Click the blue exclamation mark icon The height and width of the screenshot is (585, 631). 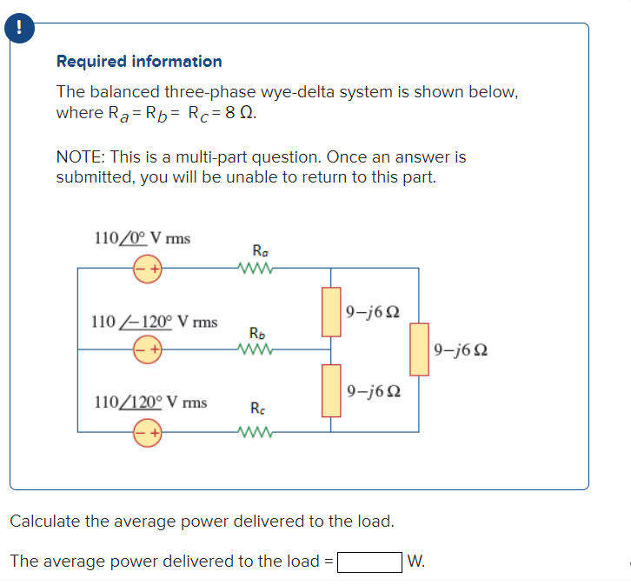coord(15,28)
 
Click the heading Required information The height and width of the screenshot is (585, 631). coord(139,62)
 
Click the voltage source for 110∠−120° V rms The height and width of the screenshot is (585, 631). coord(147,350)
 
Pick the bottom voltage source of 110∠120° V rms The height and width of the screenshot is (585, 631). coord(147,431)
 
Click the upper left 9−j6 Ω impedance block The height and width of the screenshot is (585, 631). coord(331,311)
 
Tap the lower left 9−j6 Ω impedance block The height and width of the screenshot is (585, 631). coord(331,390)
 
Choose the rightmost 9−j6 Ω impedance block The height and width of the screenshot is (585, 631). coord(419,349)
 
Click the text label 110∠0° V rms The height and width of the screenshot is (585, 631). coord(142,238)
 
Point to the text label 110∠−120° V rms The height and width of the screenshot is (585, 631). coord(154,322)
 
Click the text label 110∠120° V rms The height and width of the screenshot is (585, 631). coord(149,402)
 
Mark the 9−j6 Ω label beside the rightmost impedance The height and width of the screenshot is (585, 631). coord(459,350)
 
